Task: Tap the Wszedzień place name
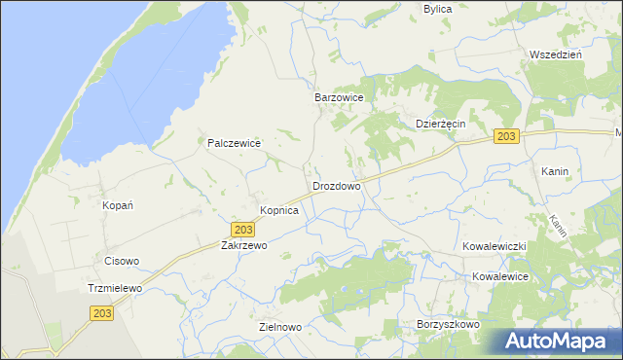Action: tap(555, 54)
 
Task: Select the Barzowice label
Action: tap(339, 98)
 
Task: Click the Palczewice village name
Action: tap(235, 143)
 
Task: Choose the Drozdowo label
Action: tap(337, 186)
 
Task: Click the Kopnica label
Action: tap(278, 210)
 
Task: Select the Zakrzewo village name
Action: tap(243, 246)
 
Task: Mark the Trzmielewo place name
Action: tap(115, 289)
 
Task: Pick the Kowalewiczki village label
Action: tap(495, 247)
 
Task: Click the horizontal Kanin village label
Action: tap(555, 171)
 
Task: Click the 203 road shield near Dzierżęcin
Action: tap(504, 137)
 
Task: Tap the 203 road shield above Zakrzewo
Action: tap(244, 229)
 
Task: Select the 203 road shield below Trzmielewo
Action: tap(103, 313)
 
